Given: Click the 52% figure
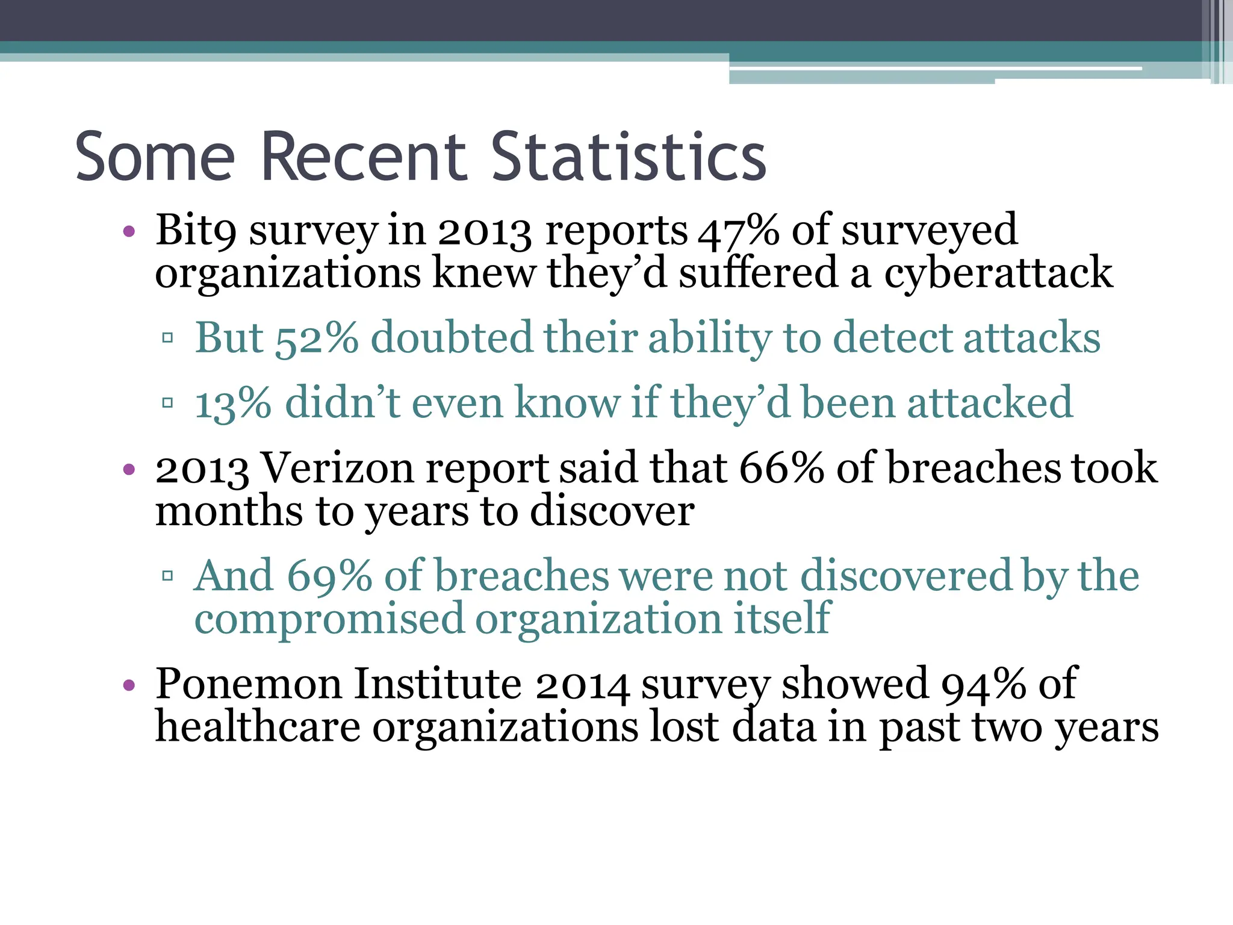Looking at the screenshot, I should tap(317, 338).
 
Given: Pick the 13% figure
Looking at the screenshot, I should tap(233, 403).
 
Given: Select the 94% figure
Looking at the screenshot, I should tap(984, 684).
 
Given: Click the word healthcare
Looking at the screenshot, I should tap(258, 727).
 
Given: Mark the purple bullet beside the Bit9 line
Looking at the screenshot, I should tap(128, 231).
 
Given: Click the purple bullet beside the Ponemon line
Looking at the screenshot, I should tap(128, 685).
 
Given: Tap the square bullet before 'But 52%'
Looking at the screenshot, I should tap(168, 338).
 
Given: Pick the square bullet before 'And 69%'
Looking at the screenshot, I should tap(168, 576).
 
